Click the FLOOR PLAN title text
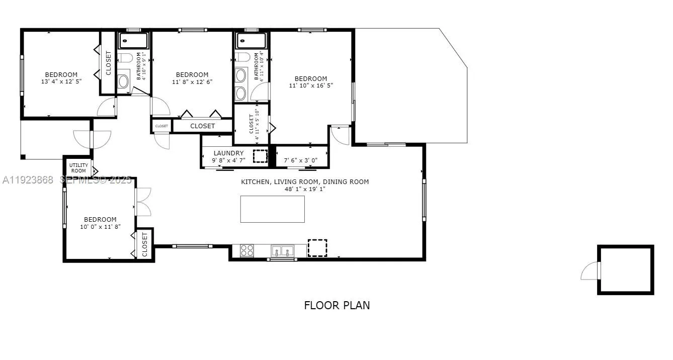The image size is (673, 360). [337, 305]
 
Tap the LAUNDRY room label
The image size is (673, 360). [228, 153]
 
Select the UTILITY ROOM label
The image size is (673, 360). [78, 168]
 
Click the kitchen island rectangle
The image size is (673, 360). [272, 209]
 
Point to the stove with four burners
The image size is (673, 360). [247, 250]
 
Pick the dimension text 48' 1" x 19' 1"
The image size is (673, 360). [305, 190]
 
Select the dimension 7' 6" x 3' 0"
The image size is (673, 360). [301, 160]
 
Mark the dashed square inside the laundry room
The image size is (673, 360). [261, 156]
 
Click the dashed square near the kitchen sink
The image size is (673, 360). [317, 248]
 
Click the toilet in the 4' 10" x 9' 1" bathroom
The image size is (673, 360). [125, 58]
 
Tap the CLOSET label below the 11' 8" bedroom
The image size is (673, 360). [203, 126]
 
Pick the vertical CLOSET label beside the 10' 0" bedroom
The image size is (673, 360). [144, 244]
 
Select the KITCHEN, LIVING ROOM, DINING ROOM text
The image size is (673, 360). [305, 182]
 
